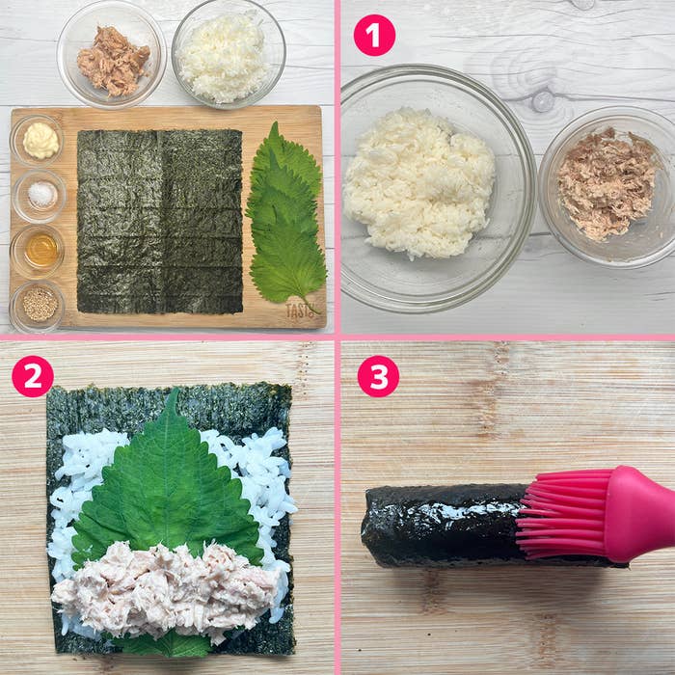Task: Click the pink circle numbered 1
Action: point(374,36)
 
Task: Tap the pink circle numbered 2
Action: point(33,376)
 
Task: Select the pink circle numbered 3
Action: point(378,376)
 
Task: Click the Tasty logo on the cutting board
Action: point(300,310)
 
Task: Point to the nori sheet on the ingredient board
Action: point(160,221)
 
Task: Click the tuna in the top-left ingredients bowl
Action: point(113,61)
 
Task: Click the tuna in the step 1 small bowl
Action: point(607,183)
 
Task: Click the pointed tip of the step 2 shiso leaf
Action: point(173,390)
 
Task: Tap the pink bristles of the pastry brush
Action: point(564,514)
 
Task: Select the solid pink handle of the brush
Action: point(641,514)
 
